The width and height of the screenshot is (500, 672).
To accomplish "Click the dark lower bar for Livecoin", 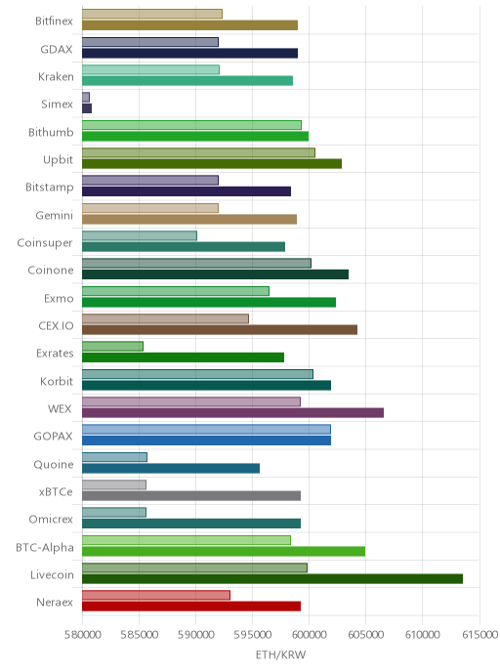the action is [272, 579].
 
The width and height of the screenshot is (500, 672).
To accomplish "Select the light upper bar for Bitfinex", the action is [152, 14].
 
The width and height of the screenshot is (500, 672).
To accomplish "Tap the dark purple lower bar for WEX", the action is [232, 413].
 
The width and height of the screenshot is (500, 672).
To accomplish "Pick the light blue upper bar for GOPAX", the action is [206, 429].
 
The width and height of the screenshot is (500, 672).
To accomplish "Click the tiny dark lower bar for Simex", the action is [87, 108].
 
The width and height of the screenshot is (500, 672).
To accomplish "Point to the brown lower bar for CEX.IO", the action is [220, 329].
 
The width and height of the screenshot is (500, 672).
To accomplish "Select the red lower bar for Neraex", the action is [191, 607].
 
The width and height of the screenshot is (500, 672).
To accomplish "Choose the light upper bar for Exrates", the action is [112, 347].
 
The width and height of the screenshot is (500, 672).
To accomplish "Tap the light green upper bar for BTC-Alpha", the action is [187, 540].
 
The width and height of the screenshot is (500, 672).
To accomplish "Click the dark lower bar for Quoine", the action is [171, 468].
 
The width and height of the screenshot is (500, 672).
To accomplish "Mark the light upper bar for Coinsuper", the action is [140, 235].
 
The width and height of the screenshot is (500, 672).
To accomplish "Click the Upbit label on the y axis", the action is [59, 160].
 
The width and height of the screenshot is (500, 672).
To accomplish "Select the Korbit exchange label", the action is [57, 382].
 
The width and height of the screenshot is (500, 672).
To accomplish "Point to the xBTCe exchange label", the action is [56, 492].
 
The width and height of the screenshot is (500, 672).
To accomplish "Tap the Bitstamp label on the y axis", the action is [50, 188].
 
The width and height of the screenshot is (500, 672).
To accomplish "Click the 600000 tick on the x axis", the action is [309, 634].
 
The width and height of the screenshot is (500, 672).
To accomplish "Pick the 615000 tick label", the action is [479, 634].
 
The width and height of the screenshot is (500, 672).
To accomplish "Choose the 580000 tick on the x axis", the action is [83, 634].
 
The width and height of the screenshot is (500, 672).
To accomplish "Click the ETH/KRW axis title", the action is [280, 654].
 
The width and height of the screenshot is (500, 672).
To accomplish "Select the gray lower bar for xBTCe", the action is [191, 496].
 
